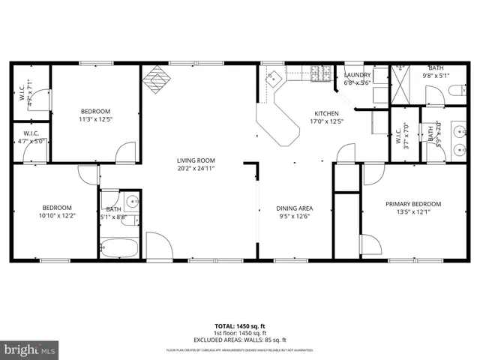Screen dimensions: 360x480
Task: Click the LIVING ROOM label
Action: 196,160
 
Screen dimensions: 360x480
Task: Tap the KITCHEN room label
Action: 327,112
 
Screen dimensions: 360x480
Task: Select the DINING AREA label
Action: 295,208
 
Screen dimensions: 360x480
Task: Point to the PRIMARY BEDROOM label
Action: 413,203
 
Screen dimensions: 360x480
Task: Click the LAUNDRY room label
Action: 358,75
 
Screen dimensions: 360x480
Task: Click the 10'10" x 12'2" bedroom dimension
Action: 57,216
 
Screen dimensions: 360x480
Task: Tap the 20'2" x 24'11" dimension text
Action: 196,168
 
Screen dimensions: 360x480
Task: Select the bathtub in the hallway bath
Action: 120,247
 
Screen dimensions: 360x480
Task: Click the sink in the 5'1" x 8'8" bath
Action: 132,202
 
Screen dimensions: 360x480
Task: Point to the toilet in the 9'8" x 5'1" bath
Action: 456,92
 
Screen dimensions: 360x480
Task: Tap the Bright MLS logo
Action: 30,349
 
